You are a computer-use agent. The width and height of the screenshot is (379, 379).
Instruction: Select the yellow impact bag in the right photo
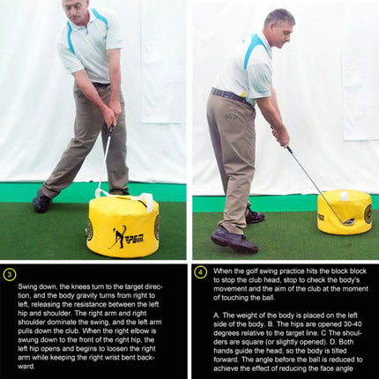pyautogui.click(x=345, y=212)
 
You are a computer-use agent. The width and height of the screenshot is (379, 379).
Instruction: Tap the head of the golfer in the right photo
pyautogui.click(x=279, y=26)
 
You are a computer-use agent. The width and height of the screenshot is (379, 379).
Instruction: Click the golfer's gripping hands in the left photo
pyautogui.click(x=110, y=115)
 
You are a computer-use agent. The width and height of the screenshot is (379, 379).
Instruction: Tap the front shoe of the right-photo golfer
pyautogui.click(x=234, y=239)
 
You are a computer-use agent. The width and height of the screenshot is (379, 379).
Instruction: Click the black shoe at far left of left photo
pyautogui.click(x=41, y=203)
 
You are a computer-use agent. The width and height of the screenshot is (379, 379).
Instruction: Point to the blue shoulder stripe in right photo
pyautogui.click(x=256, y=52)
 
